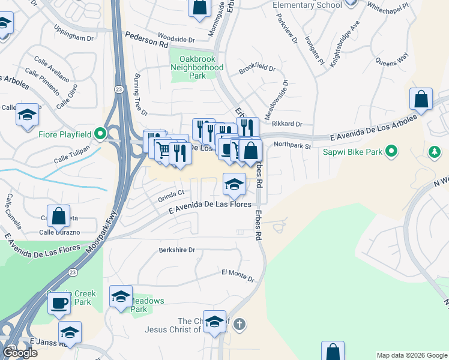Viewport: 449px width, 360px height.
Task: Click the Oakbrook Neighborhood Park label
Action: (x=197, y=67)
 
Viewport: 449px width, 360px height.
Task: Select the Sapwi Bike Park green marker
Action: (x=391, y=151)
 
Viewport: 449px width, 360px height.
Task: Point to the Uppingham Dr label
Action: (x=74, y=37)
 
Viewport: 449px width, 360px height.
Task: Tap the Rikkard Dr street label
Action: (x=286, y=124)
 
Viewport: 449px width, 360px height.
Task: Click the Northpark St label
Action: (x=292, y=145)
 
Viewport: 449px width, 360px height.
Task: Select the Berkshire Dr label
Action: (x=177, y=250)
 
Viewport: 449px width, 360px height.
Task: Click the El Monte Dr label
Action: (x=238, y=275)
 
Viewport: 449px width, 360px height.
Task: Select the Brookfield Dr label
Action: (x=257, y=69)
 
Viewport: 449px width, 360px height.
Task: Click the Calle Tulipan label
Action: (x=71, y=154)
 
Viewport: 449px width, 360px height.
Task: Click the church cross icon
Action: (x=239, y=325)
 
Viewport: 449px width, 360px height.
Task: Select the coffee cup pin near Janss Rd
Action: (x=59, y=303)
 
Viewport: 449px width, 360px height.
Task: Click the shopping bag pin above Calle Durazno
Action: (x=59, y=215)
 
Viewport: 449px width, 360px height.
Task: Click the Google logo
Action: (x=20, y=353)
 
